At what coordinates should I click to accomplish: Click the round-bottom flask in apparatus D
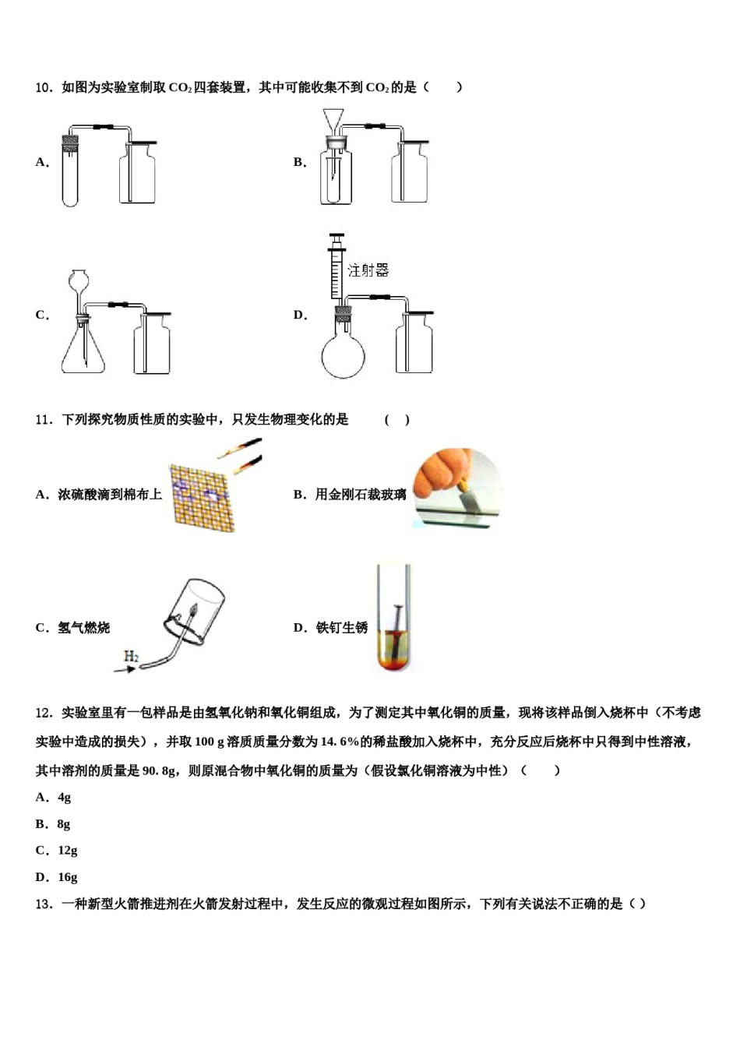tap(343, 354)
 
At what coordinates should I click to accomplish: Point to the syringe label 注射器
tap(368, 270)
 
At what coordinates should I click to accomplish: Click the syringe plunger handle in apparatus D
tap(337, 236)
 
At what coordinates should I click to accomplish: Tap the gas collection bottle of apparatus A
tap(137, 175)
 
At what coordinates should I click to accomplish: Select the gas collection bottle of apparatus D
tap(414, 343)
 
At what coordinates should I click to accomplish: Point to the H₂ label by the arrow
tap(132, 657)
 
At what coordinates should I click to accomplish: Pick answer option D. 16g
tap(56, 876)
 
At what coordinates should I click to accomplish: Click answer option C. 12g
tap(56, 850)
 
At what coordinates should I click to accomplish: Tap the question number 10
tap(44, 87)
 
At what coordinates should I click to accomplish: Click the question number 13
tap(44, 904)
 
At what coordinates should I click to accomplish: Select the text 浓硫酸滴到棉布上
tap(109, 495)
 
